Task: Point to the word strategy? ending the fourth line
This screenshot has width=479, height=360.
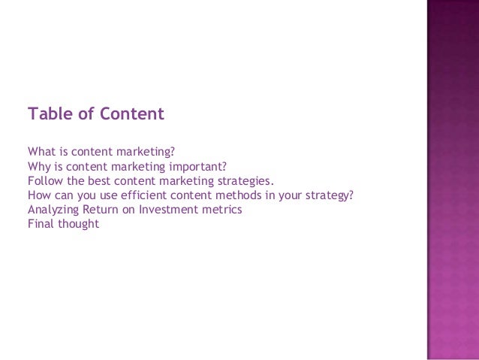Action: (x=328, y=196)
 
